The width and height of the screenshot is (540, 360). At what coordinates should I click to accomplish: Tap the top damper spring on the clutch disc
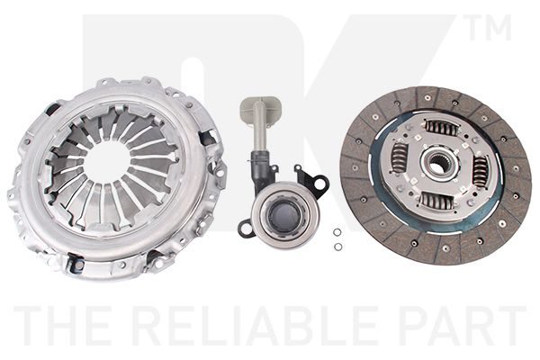(x=442, y=127)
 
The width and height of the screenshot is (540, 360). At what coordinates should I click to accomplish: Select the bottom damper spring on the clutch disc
(x=436, y=200)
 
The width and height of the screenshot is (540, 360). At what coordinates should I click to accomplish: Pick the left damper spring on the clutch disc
(x=399, y=157)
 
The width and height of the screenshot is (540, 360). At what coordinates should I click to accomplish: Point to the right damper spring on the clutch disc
(x=480, y=171)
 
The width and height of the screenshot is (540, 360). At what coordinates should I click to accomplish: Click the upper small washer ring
(x=337, y=232)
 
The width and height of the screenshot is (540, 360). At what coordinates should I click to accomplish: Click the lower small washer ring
(x=338, y=247)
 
